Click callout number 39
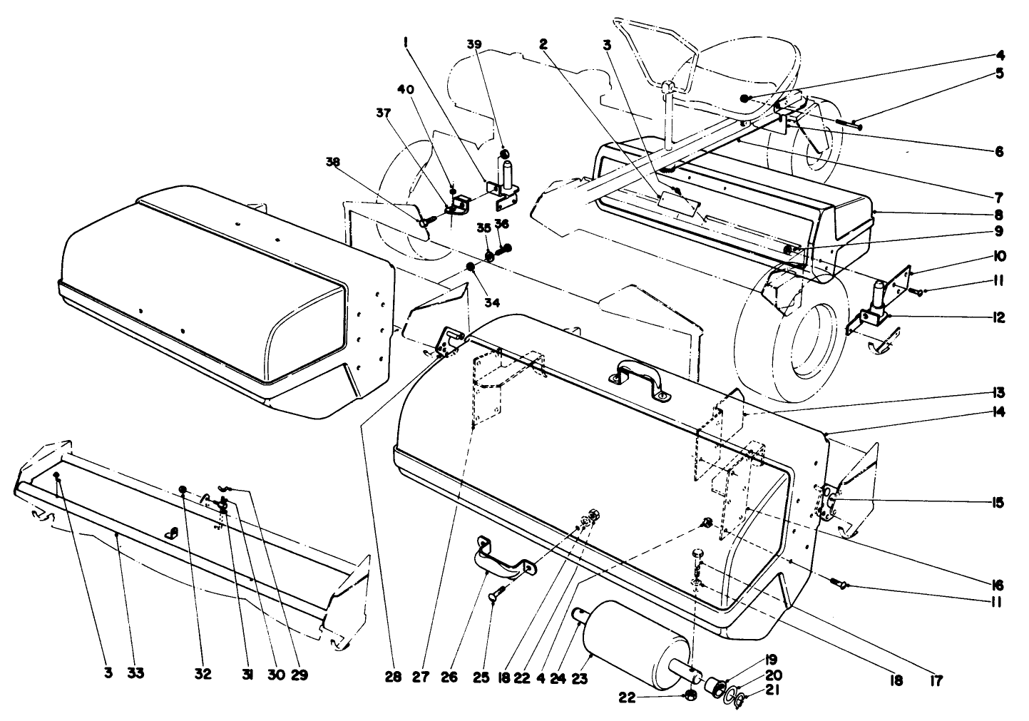click(x=475, y=45)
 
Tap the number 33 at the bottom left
click(x=135, y=673)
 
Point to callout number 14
click(x=997, y=411)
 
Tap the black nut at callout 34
click(x=471, y=267)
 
